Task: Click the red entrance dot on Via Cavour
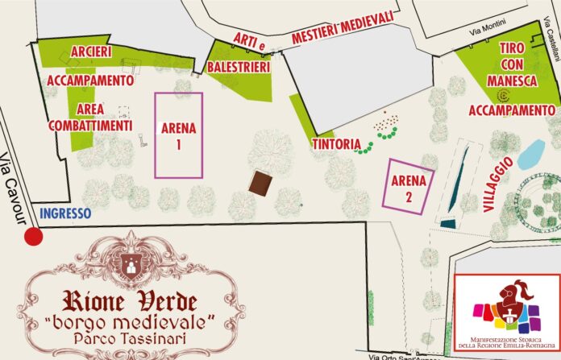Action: click(33, 237)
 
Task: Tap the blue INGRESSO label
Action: click(65, 214)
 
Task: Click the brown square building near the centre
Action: click(260, 184)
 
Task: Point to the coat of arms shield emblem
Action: click(129, 259)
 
